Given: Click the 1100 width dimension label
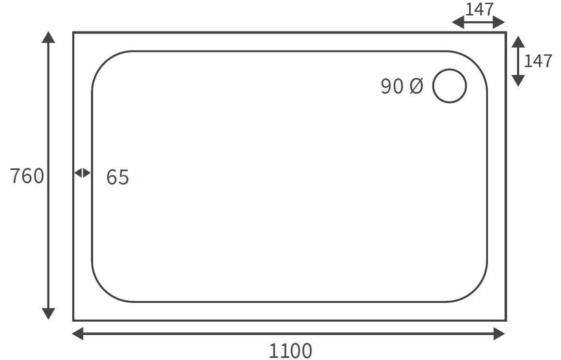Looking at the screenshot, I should pyautogui.click(x=290, y=350).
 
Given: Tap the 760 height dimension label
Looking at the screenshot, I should pyautogui.click(x=27, y=176).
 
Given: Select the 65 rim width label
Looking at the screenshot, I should pyautogui.click(x=117, y=178).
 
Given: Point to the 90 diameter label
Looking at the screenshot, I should pyautogui.click(x=392, y=86).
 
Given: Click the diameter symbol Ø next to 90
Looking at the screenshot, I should pyautogui.click(x=416, y=86).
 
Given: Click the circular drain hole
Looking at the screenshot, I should pyautogui.click(x=449, y=86).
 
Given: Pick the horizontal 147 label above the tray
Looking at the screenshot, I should pyautogui.click(x=479, y=9).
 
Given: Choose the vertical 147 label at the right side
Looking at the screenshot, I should pyautogui.click(x=538, y=61).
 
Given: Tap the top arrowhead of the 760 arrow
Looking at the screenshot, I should pyautogui.click(x=48, y=37).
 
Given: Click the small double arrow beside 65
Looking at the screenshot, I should pyautogui.click(x=82, y=173).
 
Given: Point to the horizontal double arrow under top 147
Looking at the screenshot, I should pyautogui.click(x=478, y=22).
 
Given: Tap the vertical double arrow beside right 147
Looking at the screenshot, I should pyautogui.click(x=518, y=61).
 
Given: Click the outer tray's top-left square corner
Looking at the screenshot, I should pyautogui.click(x=74, y=33).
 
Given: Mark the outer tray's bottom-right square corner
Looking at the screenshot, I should pyautogui.click(x=506, y=320).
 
